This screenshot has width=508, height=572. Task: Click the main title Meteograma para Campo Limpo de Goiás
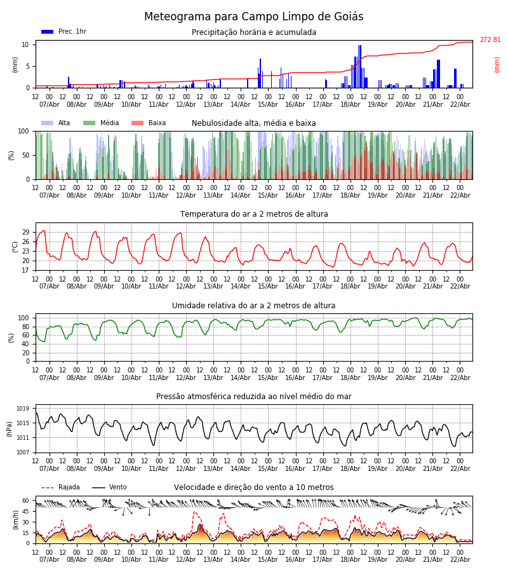click(x=254, y=17)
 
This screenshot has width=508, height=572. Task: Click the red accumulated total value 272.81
click(x=490, y=40)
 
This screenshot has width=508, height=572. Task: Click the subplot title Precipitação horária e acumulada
click(x=254, y=32)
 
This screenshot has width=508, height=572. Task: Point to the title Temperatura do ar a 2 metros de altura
click(x=254, y=214)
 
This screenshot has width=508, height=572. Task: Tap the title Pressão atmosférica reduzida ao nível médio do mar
click(x=254, y=397)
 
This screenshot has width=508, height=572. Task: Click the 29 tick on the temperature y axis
click(x=26, y=233)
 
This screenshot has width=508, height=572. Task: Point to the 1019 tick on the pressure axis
click(x=23, y=409)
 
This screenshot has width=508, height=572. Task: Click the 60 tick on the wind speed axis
click(x=26, y=500)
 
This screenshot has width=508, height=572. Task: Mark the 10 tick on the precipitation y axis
click(x=26, y=44)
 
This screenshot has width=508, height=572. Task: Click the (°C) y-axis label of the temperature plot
click(x=15, y=247)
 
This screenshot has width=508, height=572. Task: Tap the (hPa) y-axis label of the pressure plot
click(x=10, y=428)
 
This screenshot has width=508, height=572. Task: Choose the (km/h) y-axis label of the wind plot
click(x=15, y=519)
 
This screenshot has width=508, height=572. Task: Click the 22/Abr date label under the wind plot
click(x=460, y=559)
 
